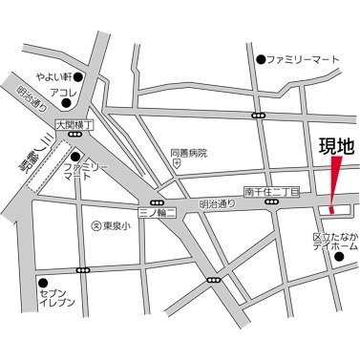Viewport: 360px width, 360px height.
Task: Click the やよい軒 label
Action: pos(55,77)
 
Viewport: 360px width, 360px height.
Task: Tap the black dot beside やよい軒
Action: pos(80,77)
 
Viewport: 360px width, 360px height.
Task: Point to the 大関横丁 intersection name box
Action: pos(75,124)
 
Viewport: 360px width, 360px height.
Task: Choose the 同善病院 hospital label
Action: pos(188,152)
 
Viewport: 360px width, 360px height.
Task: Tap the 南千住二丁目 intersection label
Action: pos(271,192)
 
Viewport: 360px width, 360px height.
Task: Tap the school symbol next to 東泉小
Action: pos(95,226)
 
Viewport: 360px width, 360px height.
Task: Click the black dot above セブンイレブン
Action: pos(43,283)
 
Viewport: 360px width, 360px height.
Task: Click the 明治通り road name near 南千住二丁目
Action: pos(216,203)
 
